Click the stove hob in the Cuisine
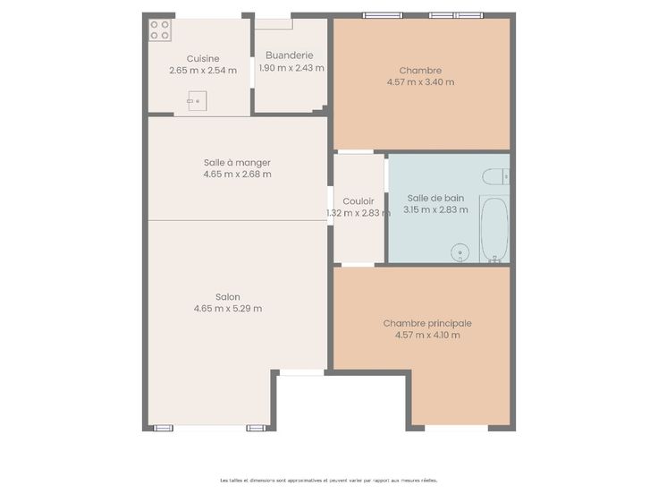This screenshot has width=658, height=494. point(160,30)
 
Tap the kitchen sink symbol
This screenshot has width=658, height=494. point(198,101)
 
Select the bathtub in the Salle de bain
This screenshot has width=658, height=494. point(494,229)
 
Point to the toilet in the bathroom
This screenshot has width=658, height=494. point(495,176)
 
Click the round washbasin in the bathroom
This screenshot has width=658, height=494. point(460,253)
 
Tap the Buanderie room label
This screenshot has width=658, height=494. point(290,55)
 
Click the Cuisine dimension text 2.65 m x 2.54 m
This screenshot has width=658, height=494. point(203,71)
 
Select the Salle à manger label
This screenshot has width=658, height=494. point(237,163)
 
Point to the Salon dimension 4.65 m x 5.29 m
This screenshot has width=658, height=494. point(228,309)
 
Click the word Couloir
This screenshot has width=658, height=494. point(359,201)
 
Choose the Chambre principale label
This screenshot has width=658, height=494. point(427,323)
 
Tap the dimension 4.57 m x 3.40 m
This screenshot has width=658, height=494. point(420,82)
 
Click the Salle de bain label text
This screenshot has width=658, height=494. point(435,199)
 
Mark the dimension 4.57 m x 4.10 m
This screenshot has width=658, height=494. point(427,336)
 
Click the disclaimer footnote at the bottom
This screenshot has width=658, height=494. point(329,481)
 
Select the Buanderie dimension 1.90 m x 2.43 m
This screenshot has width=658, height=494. point(291,68)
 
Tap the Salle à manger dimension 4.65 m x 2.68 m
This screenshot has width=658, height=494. point(238,175)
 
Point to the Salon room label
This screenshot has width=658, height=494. point(228,297)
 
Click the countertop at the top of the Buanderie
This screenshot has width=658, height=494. point(274,24)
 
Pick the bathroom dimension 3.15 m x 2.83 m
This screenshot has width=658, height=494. point(435,209)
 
